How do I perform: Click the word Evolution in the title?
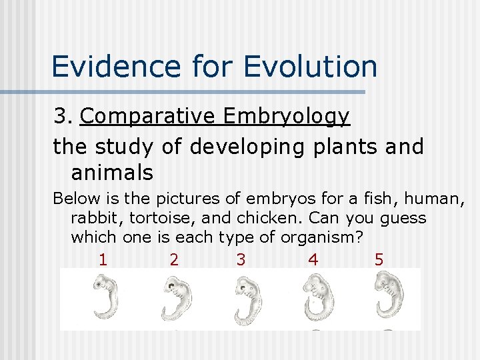pyautogui.click(x=311, y=67)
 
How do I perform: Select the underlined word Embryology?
pyautogui.click(x=287, y=117)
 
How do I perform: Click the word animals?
pyautogui.click(x=111, y=173)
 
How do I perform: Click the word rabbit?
pyautogui.click(x=91, y=218)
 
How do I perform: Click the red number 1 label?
pyautogui.click(x=103, y=260)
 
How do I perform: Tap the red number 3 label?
pyautogui.click(x=241, y=260)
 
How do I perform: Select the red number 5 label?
pyautogui.click(x=379, y=260)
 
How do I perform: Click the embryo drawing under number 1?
pyautogui.click(x=103, y=298)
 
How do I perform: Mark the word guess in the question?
pyautogui.click(x=403, y=218)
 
